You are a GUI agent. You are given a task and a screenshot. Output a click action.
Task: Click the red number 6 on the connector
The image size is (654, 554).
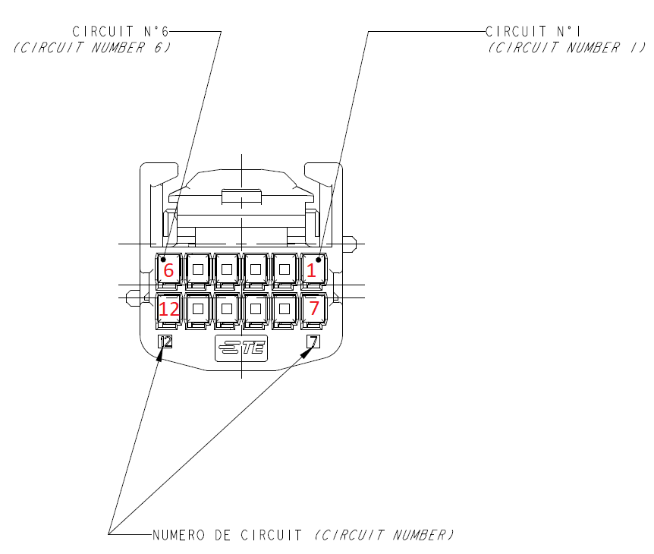click(x=168, y=270)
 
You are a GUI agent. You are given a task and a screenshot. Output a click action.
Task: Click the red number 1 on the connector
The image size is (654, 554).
click(x=310, y=270)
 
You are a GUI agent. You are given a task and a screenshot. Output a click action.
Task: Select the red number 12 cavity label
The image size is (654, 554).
click(x=168, y=309)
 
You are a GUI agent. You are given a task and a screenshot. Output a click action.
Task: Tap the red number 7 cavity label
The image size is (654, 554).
click(x=313, y=309)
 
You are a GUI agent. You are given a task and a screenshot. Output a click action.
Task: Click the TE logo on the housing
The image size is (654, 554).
click(x=241, y=348)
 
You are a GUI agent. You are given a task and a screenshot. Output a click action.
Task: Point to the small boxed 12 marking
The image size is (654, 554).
click(x=165, y=342)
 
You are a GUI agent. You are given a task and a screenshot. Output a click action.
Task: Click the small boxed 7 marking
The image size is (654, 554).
click(x=313, y=342)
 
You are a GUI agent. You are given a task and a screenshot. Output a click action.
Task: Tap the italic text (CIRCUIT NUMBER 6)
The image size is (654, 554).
click(x=92, y=47)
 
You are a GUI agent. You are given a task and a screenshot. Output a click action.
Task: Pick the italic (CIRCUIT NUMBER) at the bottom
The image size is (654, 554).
click(x=384, y=535)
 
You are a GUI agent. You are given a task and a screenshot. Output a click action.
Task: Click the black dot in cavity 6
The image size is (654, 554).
click(x=163, y=259)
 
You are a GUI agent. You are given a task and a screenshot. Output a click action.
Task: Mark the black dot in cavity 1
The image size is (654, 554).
click(x=318, y=259)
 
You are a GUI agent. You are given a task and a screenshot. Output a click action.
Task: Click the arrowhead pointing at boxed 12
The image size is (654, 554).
click(x=160, y=353)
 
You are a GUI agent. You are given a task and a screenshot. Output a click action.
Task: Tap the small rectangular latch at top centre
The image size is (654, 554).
click(x=241, y=198)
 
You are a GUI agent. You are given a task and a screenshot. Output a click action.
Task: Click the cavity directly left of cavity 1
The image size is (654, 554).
click(x=285, y=269)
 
